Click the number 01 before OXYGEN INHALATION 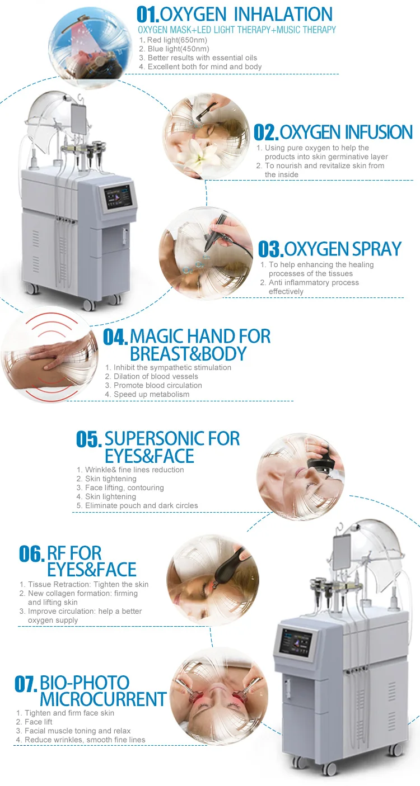[x=148, y=14]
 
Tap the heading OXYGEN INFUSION [x=346, y=132]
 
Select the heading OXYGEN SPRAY [x=343, y=249]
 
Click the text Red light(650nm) [x=178, y=40]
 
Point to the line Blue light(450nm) [x=178, y=49]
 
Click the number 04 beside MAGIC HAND [x=115, y=337]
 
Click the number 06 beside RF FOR [x=31, y=553]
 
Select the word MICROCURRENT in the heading [x=103, y=699]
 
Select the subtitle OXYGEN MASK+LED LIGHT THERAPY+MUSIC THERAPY [x=237, y=30]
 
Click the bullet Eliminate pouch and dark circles [x=141, y=505]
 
